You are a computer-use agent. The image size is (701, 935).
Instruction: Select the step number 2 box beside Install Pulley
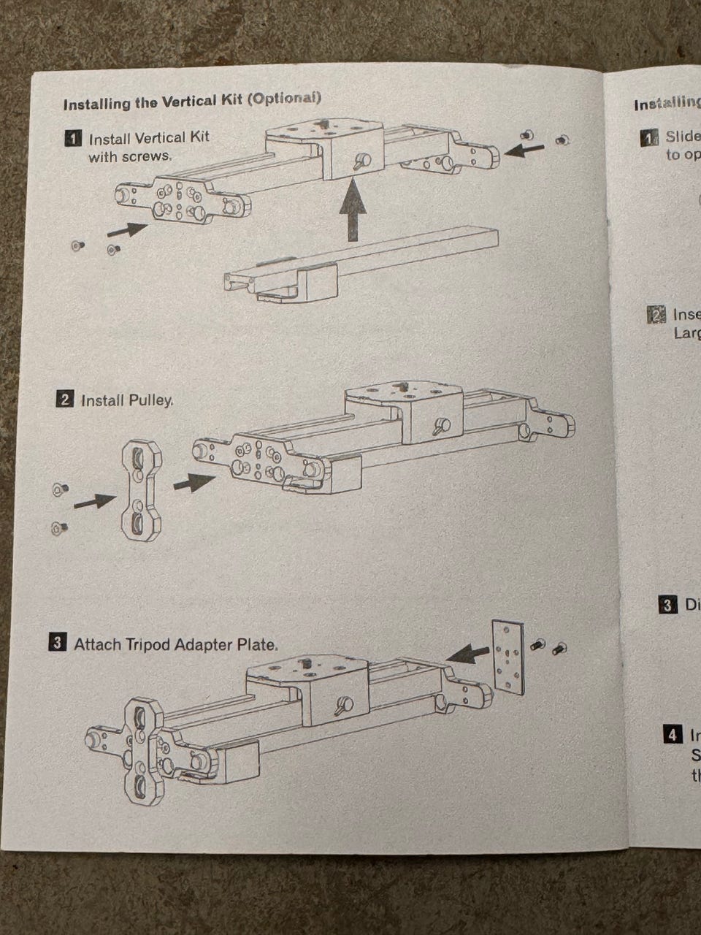[64, 400]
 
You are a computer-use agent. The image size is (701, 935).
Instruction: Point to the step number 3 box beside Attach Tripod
[57, 644]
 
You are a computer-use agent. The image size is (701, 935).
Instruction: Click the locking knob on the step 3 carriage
[343, 706]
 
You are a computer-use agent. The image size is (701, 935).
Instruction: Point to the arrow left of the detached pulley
[93, 501]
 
